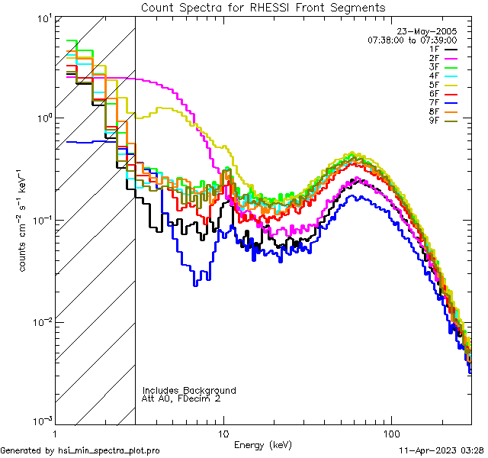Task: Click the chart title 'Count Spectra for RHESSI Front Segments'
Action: tap(263, 7)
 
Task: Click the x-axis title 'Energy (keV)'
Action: tap(262, 444)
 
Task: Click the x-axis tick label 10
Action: tap(223, 432)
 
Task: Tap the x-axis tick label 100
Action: tap(391, 432)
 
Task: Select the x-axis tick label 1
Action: tap(54, 432)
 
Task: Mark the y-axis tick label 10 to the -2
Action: tap(37, 321)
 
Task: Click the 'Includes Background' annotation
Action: tap(189, 390)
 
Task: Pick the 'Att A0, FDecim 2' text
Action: tap(181, 398)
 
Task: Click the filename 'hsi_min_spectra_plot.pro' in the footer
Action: tap(108, 450)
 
